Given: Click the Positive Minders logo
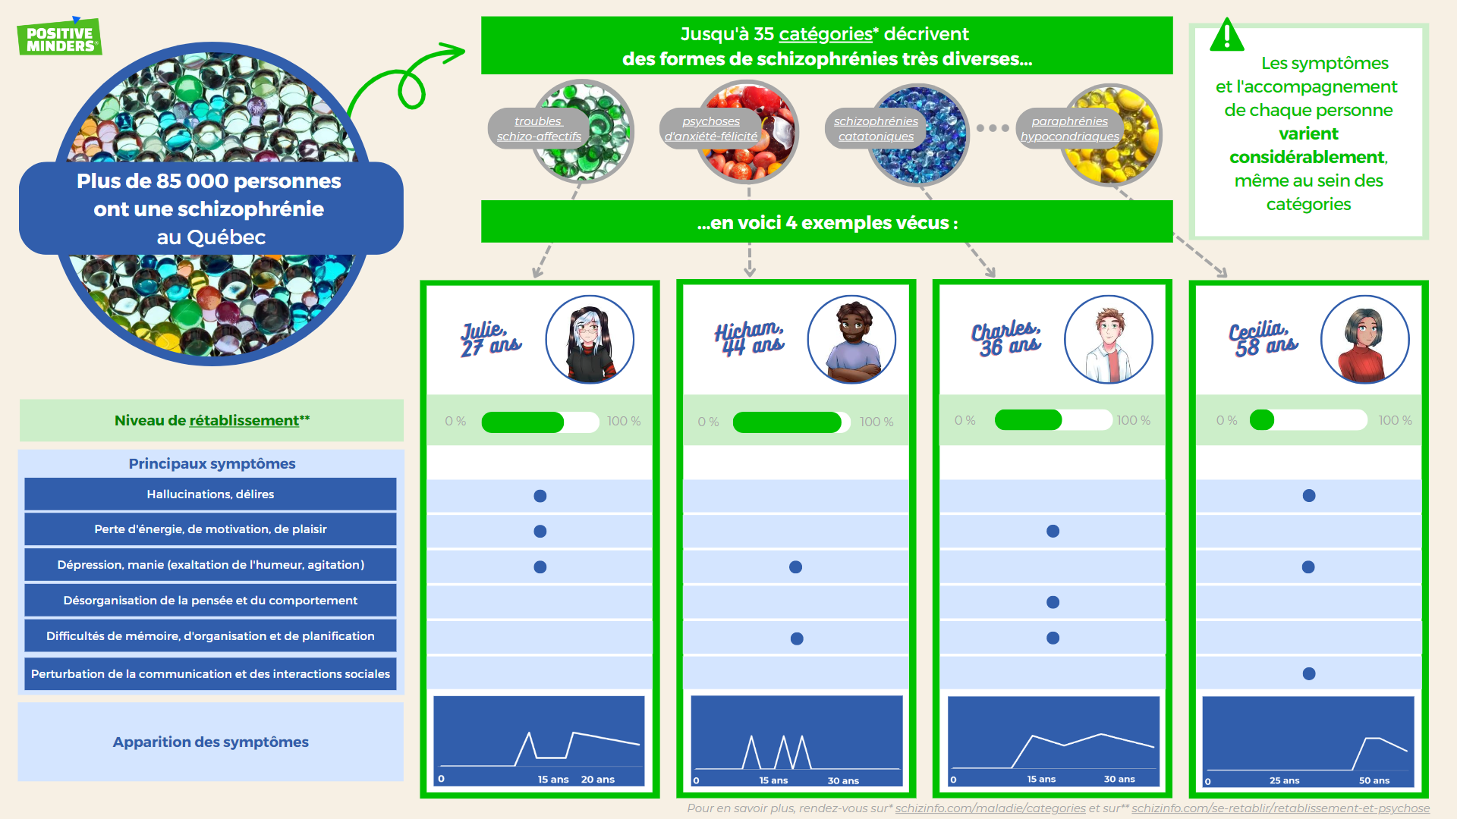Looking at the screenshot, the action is pyautogui.click(x=59, y=36).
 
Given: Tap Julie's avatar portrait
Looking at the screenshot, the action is pyautogui.click(x=590, y=339).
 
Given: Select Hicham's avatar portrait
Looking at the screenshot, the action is pyautogui.click(x=851, y=339).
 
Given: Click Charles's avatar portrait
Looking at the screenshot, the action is pyautogui.click(x=1109, y=339).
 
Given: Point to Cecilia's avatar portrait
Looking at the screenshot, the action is pyautogui.click(x=1365, y=339).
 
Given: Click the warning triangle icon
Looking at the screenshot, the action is pyautogui.click(x=1226, y=35).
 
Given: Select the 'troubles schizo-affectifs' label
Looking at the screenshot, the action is pyautogui.click(x=539, y=129).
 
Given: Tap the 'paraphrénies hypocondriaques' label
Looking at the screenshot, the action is pyautogui.click(x=1069, y=129).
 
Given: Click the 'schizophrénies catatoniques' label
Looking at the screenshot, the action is pyautogui.click(x=876, y=129).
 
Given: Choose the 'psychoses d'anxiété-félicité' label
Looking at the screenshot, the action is pyautogui.click(x=711, y=129).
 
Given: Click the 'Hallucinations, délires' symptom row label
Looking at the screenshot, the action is pyautogui.click(x=210, y=494).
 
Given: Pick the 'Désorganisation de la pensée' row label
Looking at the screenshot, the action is pyautogui.click(x=210, y=601).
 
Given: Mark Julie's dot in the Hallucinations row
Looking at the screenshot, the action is pyautogui.click(x=540, y=496).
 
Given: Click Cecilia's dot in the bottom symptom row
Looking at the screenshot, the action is pyautogui.click(x=1309, y=673).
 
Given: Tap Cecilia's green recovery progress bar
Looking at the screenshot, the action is pyautogui.click(x=1262, y=420).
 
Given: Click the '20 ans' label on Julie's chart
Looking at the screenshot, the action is pyautogui.click(x=598, y=780).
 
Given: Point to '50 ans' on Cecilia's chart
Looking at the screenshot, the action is pyautogui.click(x=1374, y=780).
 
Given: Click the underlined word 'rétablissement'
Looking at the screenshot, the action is pyautogui.click(x=244, y=421).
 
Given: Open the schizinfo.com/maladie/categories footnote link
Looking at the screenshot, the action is pyautogui.click(x=990, y=808).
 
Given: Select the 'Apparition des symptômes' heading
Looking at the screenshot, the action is pyautogui.click(x=211, y=742).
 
